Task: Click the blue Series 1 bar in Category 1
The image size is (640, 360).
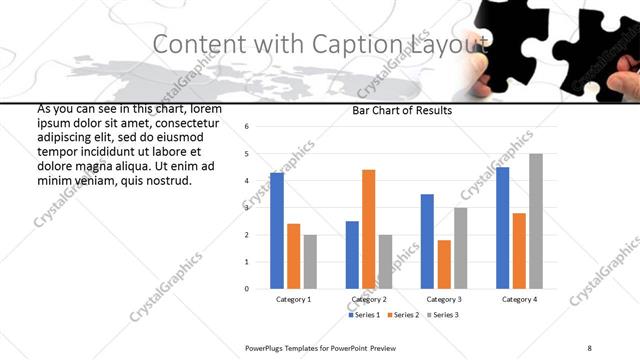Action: tap(277, 231)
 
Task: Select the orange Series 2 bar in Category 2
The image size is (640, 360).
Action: tap(368, 229)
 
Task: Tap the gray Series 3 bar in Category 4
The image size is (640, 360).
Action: tap(535, 221)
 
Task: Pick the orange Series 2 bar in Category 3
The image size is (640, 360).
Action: tap(444, 264)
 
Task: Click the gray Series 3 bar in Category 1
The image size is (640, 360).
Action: tap(310, 262)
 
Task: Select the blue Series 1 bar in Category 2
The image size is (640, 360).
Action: tap(352, 255)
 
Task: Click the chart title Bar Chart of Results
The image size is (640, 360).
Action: tap(402, 111)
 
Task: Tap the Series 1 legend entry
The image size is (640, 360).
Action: tap(365, 315)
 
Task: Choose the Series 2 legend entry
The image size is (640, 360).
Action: tap(403, 315)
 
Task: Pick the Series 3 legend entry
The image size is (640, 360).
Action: tap(441, 315)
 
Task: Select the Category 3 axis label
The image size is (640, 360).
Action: tap(443, 299)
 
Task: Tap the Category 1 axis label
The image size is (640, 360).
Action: tap(293, 299)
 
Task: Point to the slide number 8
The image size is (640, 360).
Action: tap(589, 348)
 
